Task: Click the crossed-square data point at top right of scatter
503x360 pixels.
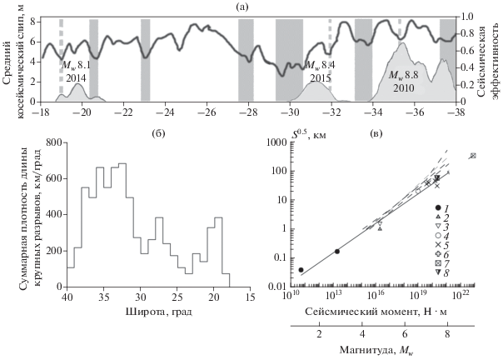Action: [473, 155]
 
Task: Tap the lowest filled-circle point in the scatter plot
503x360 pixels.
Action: [301, 270]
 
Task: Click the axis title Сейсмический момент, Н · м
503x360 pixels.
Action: [378, 310]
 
